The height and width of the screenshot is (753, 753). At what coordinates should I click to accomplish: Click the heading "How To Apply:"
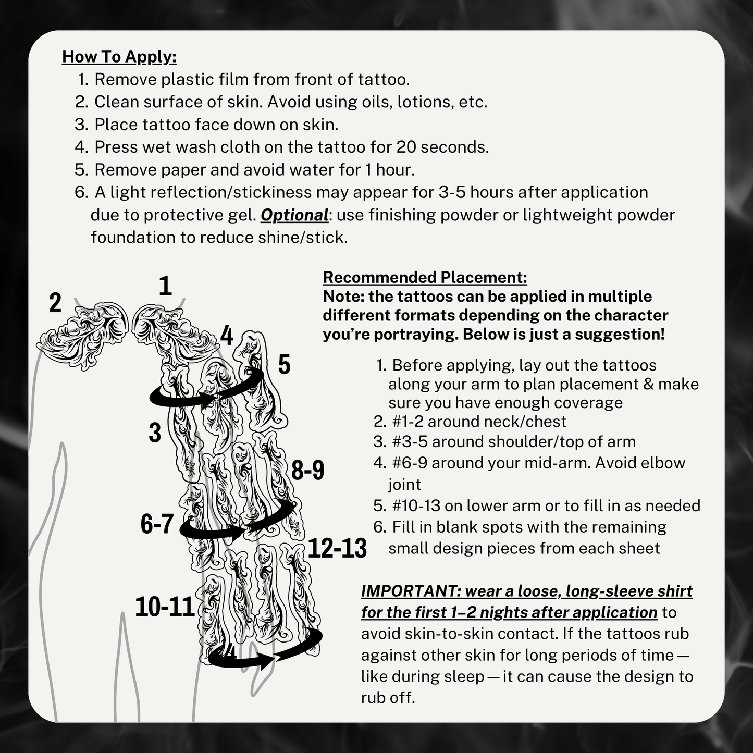click(119, 57)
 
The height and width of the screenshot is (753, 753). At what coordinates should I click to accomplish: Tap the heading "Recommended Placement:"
click(425, 277)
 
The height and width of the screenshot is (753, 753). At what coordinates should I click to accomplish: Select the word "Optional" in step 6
click(294, 215)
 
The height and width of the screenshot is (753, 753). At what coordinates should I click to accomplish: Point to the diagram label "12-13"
click(337, 548)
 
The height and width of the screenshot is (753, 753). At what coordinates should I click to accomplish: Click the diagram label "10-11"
click(165, 607)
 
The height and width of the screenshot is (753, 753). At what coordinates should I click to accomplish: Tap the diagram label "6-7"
click(157, 524)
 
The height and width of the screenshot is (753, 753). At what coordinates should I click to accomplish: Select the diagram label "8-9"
click(307, 471)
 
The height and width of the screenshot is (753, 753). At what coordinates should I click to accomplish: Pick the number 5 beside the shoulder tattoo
click(284, 365)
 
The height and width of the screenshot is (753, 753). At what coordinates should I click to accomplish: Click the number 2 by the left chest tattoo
click(55, 303)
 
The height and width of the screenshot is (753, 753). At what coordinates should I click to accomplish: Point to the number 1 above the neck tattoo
click(165, 286)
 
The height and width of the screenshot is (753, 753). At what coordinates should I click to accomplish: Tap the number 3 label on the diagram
click(155, 433)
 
